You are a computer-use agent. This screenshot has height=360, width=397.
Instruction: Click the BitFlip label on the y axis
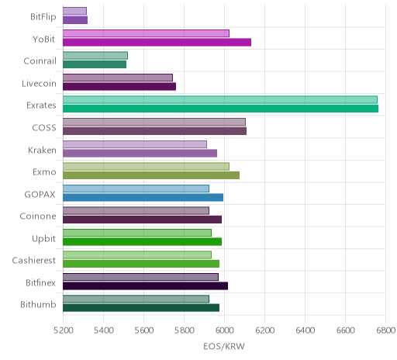(43, 17)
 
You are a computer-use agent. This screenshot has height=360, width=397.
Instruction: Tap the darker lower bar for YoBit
(157, 43)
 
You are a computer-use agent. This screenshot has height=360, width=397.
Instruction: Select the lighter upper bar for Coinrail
(95, 55)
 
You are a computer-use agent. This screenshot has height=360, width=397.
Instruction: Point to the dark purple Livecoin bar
(119, 87)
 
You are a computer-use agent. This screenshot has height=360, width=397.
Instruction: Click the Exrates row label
(41, 106)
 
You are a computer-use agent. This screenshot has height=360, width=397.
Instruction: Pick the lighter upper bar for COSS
(154, 122)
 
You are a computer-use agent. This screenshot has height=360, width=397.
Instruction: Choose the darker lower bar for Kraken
(140, 154)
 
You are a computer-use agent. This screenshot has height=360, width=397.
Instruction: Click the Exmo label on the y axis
(44, 172)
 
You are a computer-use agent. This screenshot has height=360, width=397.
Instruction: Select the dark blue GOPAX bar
(143, 198)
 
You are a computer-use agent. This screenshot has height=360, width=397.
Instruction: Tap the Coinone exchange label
(38, 216)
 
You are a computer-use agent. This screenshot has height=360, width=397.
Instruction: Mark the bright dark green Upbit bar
(142, 242)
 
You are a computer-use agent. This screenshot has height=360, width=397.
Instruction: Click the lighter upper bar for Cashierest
(137, 254)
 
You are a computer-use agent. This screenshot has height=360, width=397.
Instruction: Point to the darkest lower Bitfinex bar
(145, 286)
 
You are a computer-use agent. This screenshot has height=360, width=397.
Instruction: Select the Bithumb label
(38, 305)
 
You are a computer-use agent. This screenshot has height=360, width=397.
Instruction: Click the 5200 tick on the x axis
(64, 331)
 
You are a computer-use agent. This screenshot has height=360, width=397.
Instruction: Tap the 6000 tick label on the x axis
(224, 331)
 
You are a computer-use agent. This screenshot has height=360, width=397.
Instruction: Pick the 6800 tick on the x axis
(385, 331)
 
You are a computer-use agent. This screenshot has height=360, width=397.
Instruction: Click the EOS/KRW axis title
(224, 347)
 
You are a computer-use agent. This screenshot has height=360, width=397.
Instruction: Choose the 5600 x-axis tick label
(143, 331)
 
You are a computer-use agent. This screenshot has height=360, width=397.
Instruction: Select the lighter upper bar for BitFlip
(74, 11)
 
